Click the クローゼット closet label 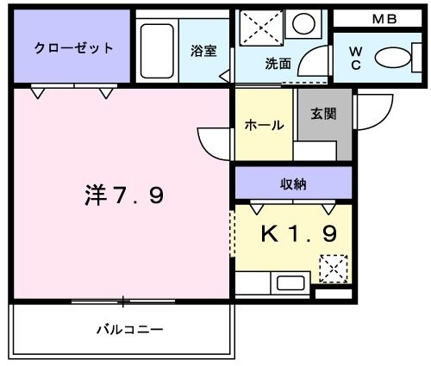pos(73,47)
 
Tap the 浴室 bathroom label pos(203,51)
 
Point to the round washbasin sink pos(303,23)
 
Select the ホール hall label pos(265,125)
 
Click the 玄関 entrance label pos(324,114)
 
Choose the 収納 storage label pos(293,183)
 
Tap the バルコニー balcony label pos(129,329)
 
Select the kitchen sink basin pos(289,282)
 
